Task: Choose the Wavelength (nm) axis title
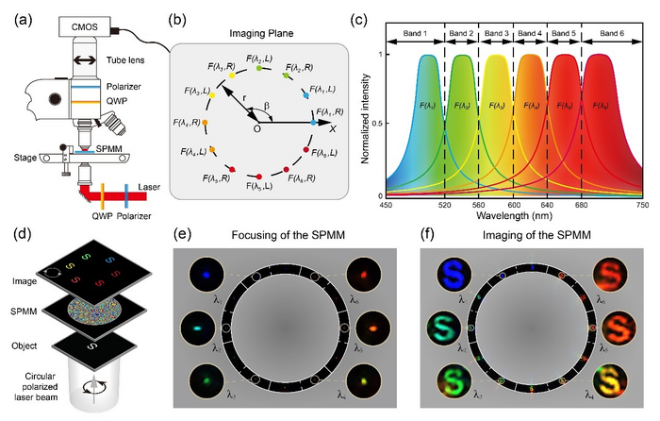point(514,213)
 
